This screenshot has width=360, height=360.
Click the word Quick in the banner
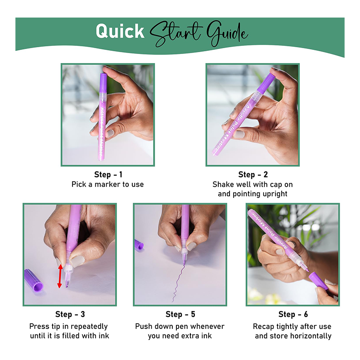[x=120, y=31]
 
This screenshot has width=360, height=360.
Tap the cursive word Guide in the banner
[x=227, y=33]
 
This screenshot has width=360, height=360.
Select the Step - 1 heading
[x=108, y=175]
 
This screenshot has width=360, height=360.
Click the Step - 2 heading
[x=253, y=175]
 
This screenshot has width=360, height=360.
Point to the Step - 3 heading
[x=70, y=314]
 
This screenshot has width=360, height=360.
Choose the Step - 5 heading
[x=180, y=314]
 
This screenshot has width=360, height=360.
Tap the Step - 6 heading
[x=293, y=314]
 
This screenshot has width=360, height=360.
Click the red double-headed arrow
[x=60, y=276]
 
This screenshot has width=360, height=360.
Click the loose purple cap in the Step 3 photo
[x=33, y=280]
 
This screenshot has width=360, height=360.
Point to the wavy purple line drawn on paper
[x=179, y=283]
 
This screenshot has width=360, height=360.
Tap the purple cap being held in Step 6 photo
[x=318, y=281]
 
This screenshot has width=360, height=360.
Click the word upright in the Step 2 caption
[x=275, y=194]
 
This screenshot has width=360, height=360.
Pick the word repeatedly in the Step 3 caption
[x=89, y=327]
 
